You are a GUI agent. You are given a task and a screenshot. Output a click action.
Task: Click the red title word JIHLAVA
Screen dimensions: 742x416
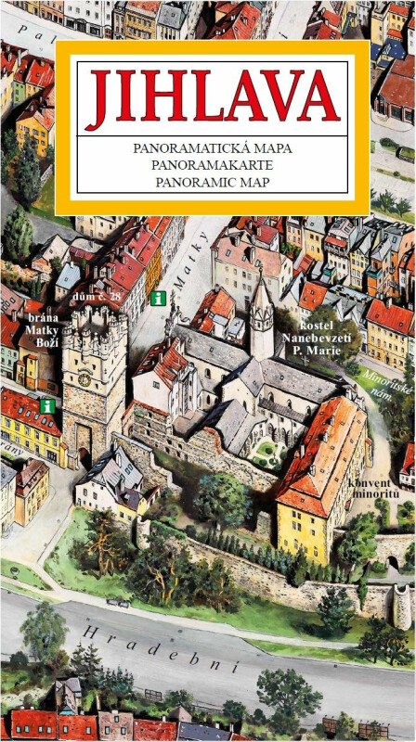pos(213,100)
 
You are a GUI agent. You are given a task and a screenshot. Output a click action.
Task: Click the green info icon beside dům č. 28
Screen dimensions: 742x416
pos(158,298)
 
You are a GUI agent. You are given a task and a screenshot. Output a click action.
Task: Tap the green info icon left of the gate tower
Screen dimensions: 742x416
pos(46,406)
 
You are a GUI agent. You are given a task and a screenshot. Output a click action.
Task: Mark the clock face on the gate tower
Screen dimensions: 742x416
pos(84,379)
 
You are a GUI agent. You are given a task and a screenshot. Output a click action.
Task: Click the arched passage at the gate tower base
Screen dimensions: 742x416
pos(84,442)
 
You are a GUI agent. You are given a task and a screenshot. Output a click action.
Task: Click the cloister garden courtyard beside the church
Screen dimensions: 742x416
pos(267,453)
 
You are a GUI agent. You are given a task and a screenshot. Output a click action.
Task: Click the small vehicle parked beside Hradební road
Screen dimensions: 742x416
pos(118,602)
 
